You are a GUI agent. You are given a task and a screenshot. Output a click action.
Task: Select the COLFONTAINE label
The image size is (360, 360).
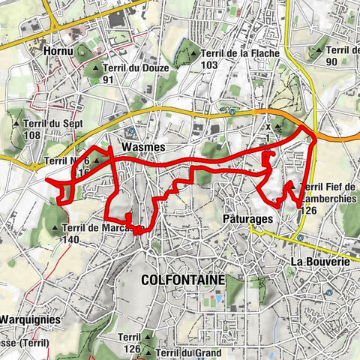pyautogui.click(x=182, y=279)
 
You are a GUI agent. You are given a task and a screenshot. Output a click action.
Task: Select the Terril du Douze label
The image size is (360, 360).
pyautogui.click(x=137, y=67)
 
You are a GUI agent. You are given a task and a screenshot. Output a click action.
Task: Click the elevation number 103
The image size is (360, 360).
pyautogui.click(x=209, y=65)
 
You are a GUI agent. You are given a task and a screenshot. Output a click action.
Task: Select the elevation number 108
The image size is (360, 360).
pyautogui.click(x=32, y=136)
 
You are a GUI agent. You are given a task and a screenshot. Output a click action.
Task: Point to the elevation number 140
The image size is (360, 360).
pyautogui.click(x=71, y=240)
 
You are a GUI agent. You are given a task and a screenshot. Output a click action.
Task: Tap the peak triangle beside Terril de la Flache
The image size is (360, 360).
pyautogui.click(x=194, y=53)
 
